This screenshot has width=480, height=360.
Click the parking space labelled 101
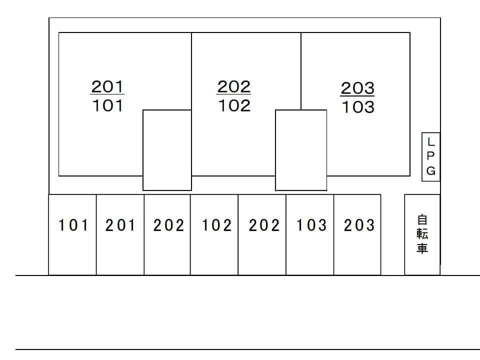(72, 234)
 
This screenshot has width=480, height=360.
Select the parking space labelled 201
(120, 234)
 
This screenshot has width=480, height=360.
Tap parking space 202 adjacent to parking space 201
(167, 234)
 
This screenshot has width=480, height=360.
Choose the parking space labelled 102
(214, 234)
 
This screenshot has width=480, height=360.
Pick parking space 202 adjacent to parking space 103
(262, 234)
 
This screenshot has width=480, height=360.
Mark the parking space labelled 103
(310, 234)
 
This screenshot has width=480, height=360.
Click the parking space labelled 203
(357, 234)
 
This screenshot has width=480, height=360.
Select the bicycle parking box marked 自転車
(422, 234)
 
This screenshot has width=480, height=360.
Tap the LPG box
(431, 157)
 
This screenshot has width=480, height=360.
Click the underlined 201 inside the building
(107, 87)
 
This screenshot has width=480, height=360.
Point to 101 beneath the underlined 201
(107, 106)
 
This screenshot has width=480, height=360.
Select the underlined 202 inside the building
(233, 87)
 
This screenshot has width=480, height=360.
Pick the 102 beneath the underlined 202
(234, 106)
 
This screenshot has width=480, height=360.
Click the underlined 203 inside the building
(357, 88)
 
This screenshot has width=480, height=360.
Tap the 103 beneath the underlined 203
(358, 107)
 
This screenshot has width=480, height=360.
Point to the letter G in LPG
(431, 171)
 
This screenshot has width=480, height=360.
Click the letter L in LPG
(431, 142)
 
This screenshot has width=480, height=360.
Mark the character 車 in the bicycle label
(422, 248)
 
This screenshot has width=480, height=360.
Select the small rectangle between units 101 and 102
(167, 150)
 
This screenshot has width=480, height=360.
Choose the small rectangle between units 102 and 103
(301, 150)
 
